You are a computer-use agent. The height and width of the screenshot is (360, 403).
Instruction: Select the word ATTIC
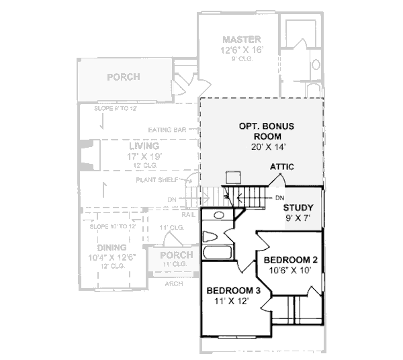[281, 167]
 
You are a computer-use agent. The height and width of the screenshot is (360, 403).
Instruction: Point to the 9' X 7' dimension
[298, 218]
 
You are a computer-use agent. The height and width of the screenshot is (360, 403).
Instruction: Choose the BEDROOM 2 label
[290, 260]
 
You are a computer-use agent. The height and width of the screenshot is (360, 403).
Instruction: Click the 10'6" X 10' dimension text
[290, 271]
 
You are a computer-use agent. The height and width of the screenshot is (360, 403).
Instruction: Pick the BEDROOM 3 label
[233, 291]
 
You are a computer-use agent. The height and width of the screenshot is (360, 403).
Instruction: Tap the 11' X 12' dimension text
[233, 302]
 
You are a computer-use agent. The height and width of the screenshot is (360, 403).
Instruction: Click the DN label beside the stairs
[279, 197]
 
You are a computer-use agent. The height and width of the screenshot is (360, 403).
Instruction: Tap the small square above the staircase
[234, 177]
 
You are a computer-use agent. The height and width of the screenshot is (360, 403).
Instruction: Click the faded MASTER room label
[241, 40]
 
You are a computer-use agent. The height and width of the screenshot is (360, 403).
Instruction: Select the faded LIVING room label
[144, 146]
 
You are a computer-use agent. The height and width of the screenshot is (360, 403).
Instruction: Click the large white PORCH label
[124, 77]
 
